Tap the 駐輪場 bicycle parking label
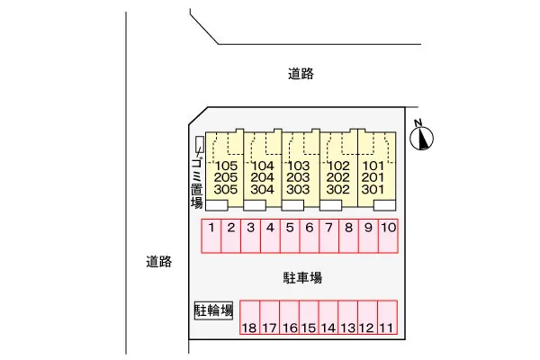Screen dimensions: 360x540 tap(214, 311)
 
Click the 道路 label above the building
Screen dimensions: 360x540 tap(301, 75)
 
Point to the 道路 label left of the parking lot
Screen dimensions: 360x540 tap(158, 262)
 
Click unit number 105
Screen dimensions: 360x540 tap(226, 166)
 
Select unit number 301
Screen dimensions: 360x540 tap(373, 190)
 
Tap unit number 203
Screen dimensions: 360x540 tap(298, 178)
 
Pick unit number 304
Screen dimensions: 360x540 tap(262, 190)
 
